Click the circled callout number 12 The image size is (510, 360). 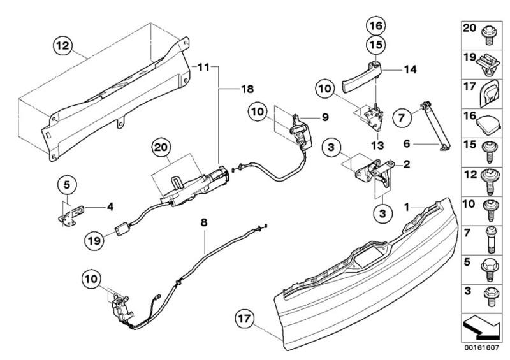click(x=62, y=45)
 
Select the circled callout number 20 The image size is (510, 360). click(x=161, y=147)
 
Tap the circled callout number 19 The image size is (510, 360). click(x=94, y=241)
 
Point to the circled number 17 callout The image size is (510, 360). click(x=245, y=319)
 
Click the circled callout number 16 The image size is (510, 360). click(x=376, y=25)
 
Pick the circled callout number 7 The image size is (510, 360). click(x=402, y=117)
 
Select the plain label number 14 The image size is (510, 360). click(x=411, y=69)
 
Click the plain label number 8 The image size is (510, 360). click(x=204, y=223)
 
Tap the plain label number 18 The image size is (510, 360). click(x=247, y=89)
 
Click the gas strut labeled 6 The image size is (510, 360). click(x=436, y=126)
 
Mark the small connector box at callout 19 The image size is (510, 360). click(x=120, y=229)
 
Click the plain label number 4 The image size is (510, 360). click(x=110, y=206)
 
